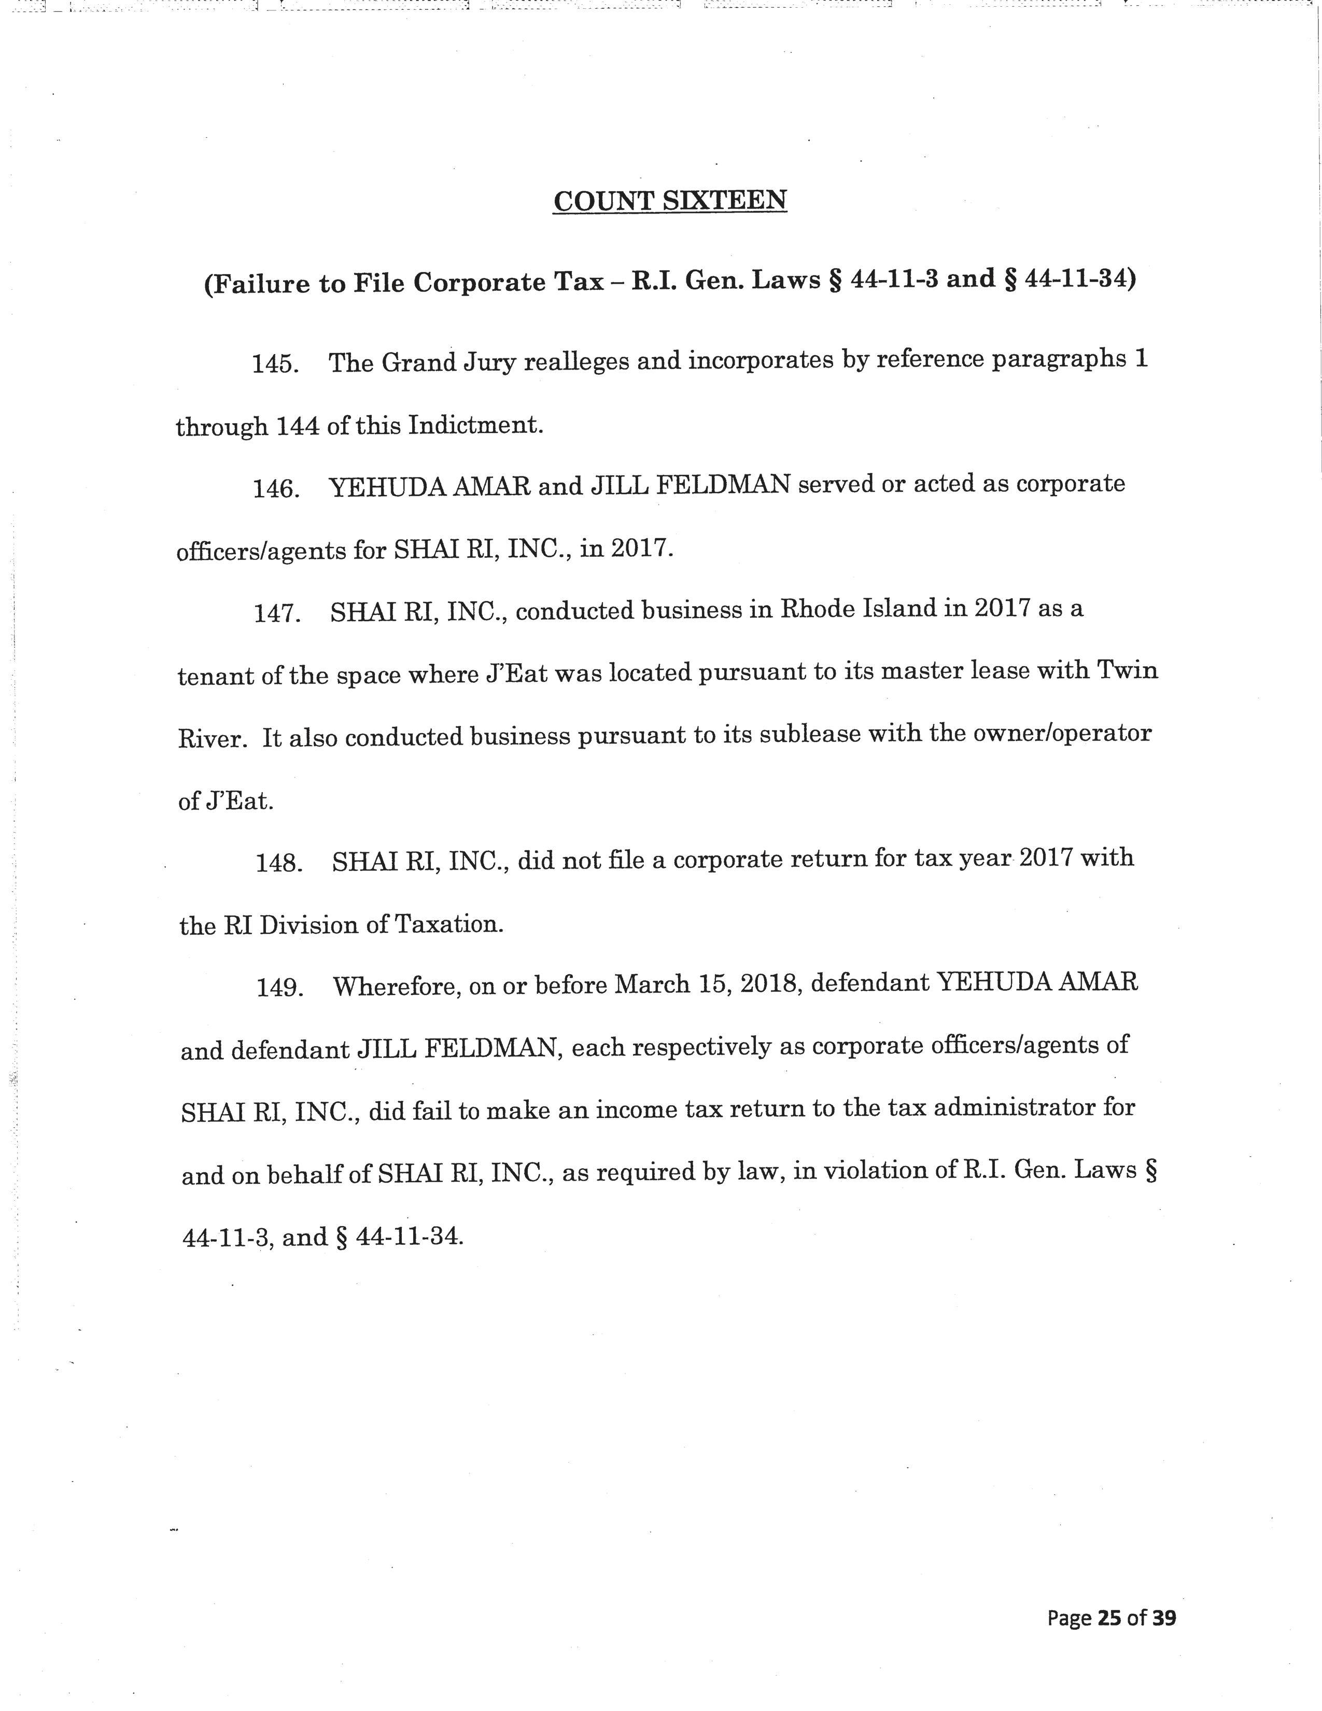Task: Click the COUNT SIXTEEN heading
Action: tap(670, 201)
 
